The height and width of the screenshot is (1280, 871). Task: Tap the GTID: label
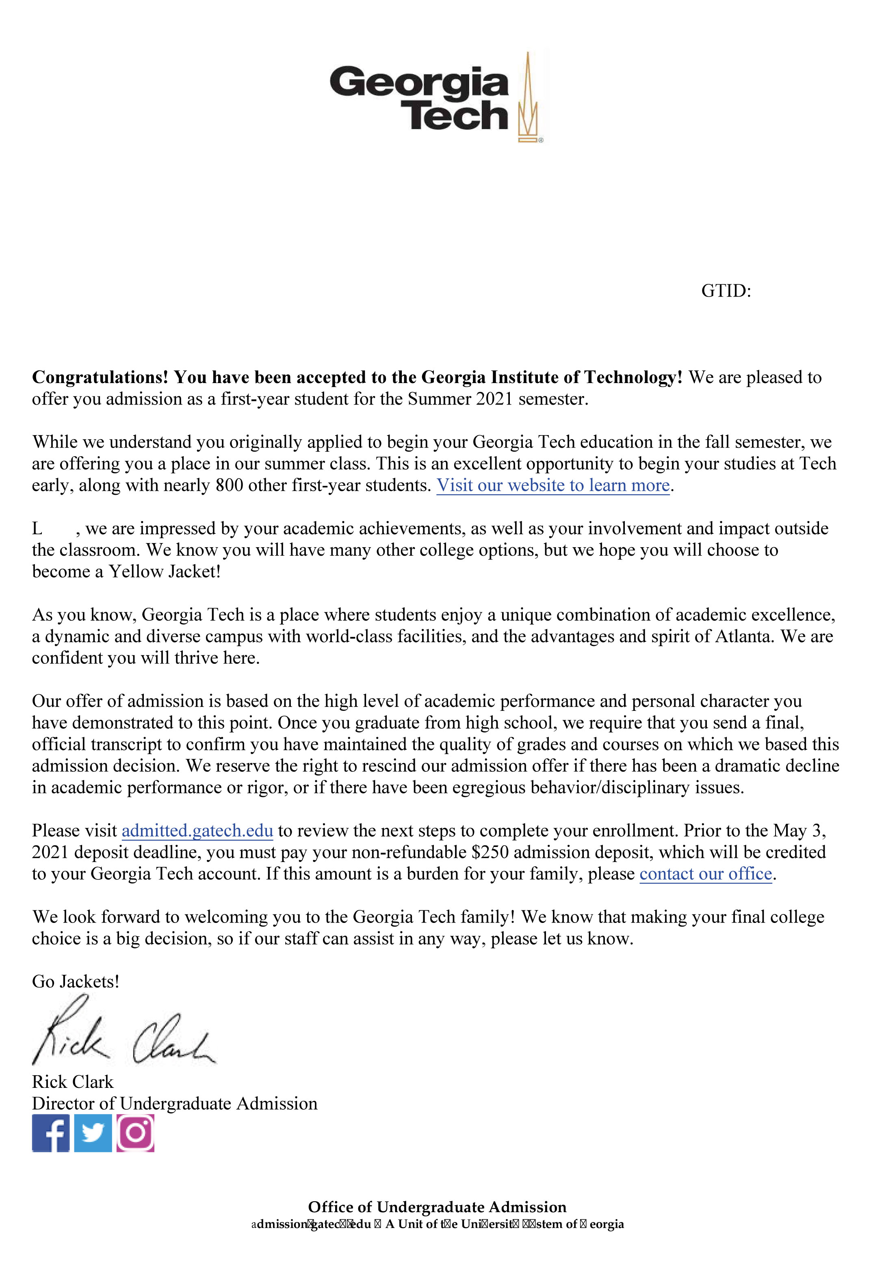(x=726, y=291)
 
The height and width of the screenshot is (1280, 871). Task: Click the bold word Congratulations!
(x=100, y=377)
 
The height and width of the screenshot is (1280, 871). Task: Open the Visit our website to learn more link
(x=552, y=485)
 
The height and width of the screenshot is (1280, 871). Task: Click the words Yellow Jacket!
(x=164, y=571)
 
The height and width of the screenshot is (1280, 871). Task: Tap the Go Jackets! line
(x=76, y=981)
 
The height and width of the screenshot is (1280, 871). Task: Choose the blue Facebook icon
(x=51, y=1133)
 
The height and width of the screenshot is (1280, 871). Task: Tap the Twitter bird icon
(x=93, y=1133)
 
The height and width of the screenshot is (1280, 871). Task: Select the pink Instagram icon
(x=135, y=1133)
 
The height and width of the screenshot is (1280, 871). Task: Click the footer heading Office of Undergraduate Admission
(x=437, y=1207)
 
